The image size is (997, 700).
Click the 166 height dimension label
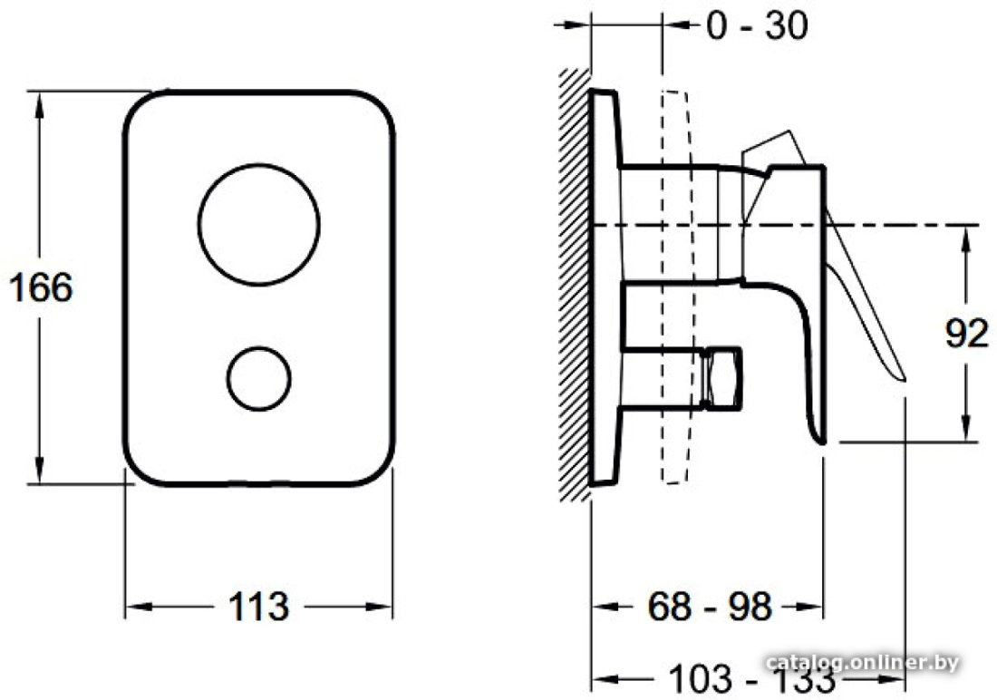point(42,287)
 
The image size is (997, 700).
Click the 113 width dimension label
point(259,607)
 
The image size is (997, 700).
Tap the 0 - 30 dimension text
point(758,25)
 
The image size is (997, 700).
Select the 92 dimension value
point(966,333)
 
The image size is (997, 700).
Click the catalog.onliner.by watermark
point(863,663)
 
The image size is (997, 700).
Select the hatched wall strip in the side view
point(574,285)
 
